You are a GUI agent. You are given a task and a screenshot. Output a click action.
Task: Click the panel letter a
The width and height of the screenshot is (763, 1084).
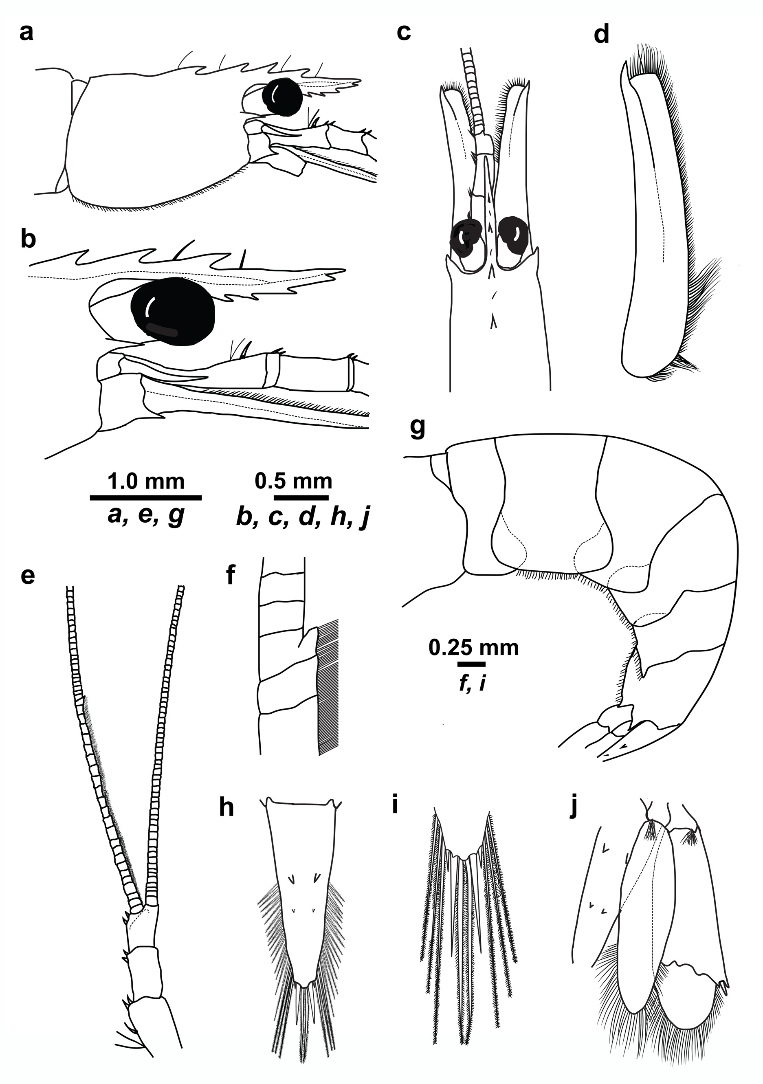26,33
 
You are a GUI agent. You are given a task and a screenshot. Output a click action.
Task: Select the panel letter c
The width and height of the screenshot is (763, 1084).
404,33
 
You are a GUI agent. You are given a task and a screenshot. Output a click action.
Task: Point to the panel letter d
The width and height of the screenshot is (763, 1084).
601,35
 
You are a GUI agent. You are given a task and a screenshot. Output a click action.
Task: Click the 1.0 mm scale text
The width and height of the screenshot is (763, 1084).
146,482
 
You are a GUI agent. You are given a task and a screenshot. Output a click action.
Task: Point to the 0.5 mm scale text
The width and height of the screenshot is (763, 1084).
293,482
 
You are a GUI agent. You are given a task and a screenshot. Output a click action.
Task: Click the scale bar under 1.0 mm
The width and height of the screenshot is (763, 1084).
145,497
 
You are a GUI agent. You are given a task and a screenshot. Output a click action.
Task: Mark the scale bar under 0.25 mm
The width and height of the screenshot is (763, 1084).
471,664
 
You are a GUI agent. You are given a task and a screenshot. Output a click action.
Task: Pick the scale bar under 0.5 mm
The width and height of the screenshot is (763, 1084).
301,497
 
